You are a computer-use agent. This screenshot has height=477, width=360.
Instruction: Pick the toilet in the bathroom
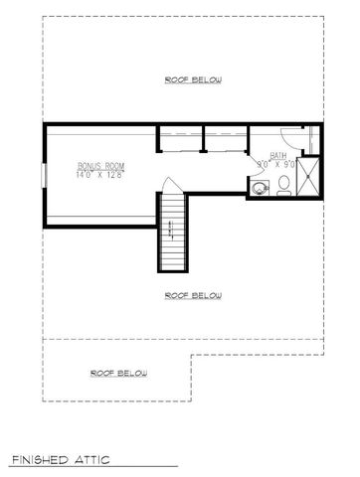pos(283,183)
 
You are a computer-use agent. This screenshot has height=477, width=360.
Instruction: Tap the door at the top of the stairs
pos(171,187)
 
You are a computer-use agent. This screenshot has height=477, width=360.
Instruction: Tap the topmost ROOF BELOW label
pos(193,79)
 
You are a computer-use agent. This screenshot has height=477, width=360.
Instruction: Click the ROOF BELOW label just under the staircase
pos(193,295)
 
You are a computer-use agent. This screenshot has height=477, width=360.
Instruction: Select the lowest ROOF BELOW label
pos(119,373)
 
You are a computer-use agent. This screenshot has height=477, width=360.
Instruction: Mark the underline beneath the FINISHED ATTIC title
pos(94,468)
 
